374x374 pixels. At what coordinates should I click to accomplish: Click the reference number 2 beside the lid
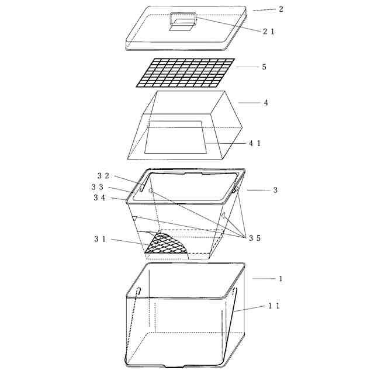point(281,9)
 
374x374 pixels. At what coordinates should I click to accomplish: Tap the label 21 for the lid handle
point(269,31)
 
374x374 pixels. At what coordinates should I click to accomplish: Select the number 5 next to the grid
point(264,67)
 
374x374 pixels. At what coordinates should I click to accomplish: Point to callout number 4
point(266,103)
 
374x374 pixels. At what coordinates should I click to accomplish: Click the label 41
point(255,143)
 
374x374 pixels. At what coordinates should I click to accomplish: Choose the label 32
point(103,176)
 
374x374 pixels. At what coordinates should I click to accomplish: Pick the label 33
point(98,187)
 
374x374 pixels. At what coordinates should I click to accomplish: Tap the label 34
point(99,198)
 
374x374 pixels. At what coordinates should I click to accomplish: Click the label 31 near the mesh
point(100,239)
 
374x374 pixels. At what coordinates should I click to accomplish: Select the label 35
point(255,238)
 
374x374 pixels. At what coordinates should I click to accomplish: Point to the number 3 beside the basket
point(275,190)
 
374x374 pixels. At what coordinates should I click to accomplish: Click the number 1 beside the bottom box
point(280,279)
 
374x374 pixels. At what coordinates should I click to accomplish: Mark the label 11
point(274,306)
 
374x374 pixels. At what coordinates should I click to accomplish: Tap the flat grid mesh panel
point(185,72)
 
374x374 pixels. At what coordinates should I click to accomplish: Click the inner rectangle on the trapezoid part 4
point(175,137)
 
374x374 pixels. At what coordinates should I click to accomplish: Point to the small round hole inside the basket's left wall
point(151,191)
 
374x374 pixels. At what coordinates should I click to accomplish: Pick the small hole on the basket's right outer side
point(223,216)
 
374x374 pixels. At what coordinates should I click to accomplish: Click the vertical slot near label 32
point(143,185)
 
